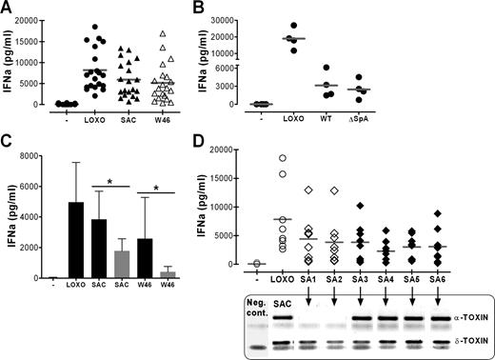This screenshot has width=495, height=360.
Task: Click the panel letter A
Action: [8, 8]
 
